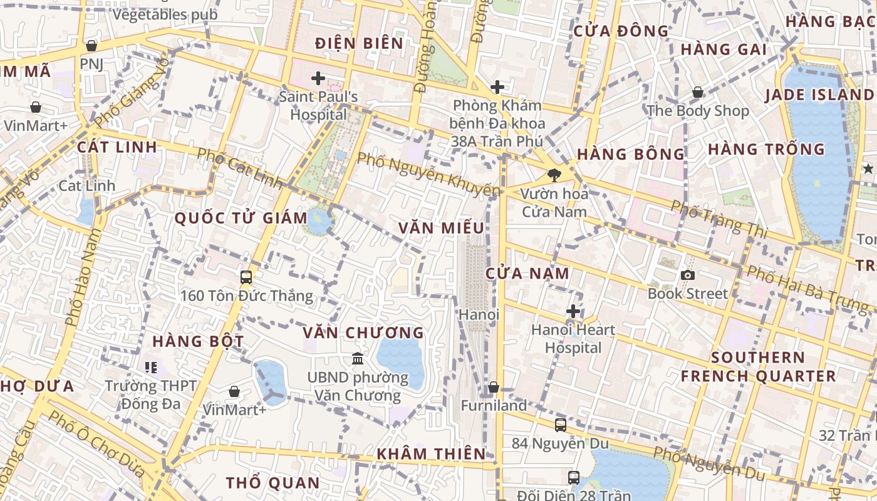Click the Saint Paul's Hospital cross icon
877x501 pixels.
[318, 79]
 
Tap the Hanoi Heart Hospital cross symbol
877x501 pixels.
[573, 311]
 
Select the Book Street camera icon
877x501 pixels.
[688, 276]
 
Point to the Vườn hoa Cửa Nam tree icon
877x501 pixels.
[554, 175]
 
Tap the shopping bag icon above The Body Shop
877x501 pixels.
[698, 93]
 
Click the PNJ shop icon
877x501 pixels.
[91, 46]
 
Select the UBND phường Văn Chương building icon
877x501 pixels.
[358, 359]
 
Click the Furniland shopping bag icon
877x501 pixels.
[494, 388]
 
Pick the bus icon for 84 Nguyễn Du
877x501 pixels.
[561, 425]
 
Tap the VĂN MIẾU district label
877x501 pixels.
[441, 228]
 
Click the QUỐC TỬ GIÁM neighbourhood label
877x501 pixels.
[241, 219]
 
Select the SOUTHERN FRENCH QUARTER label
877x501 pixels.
[758, 367]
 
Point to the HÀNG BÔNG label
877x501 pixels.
[631, 154]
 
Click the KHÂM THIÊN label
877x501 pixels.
[431, 454]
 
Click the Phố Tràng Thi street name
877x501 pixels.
[719, 219]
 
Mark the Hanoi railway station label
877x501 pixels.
[479, 314]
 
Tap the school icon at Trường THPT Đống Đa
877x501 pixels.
[150, 367]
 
